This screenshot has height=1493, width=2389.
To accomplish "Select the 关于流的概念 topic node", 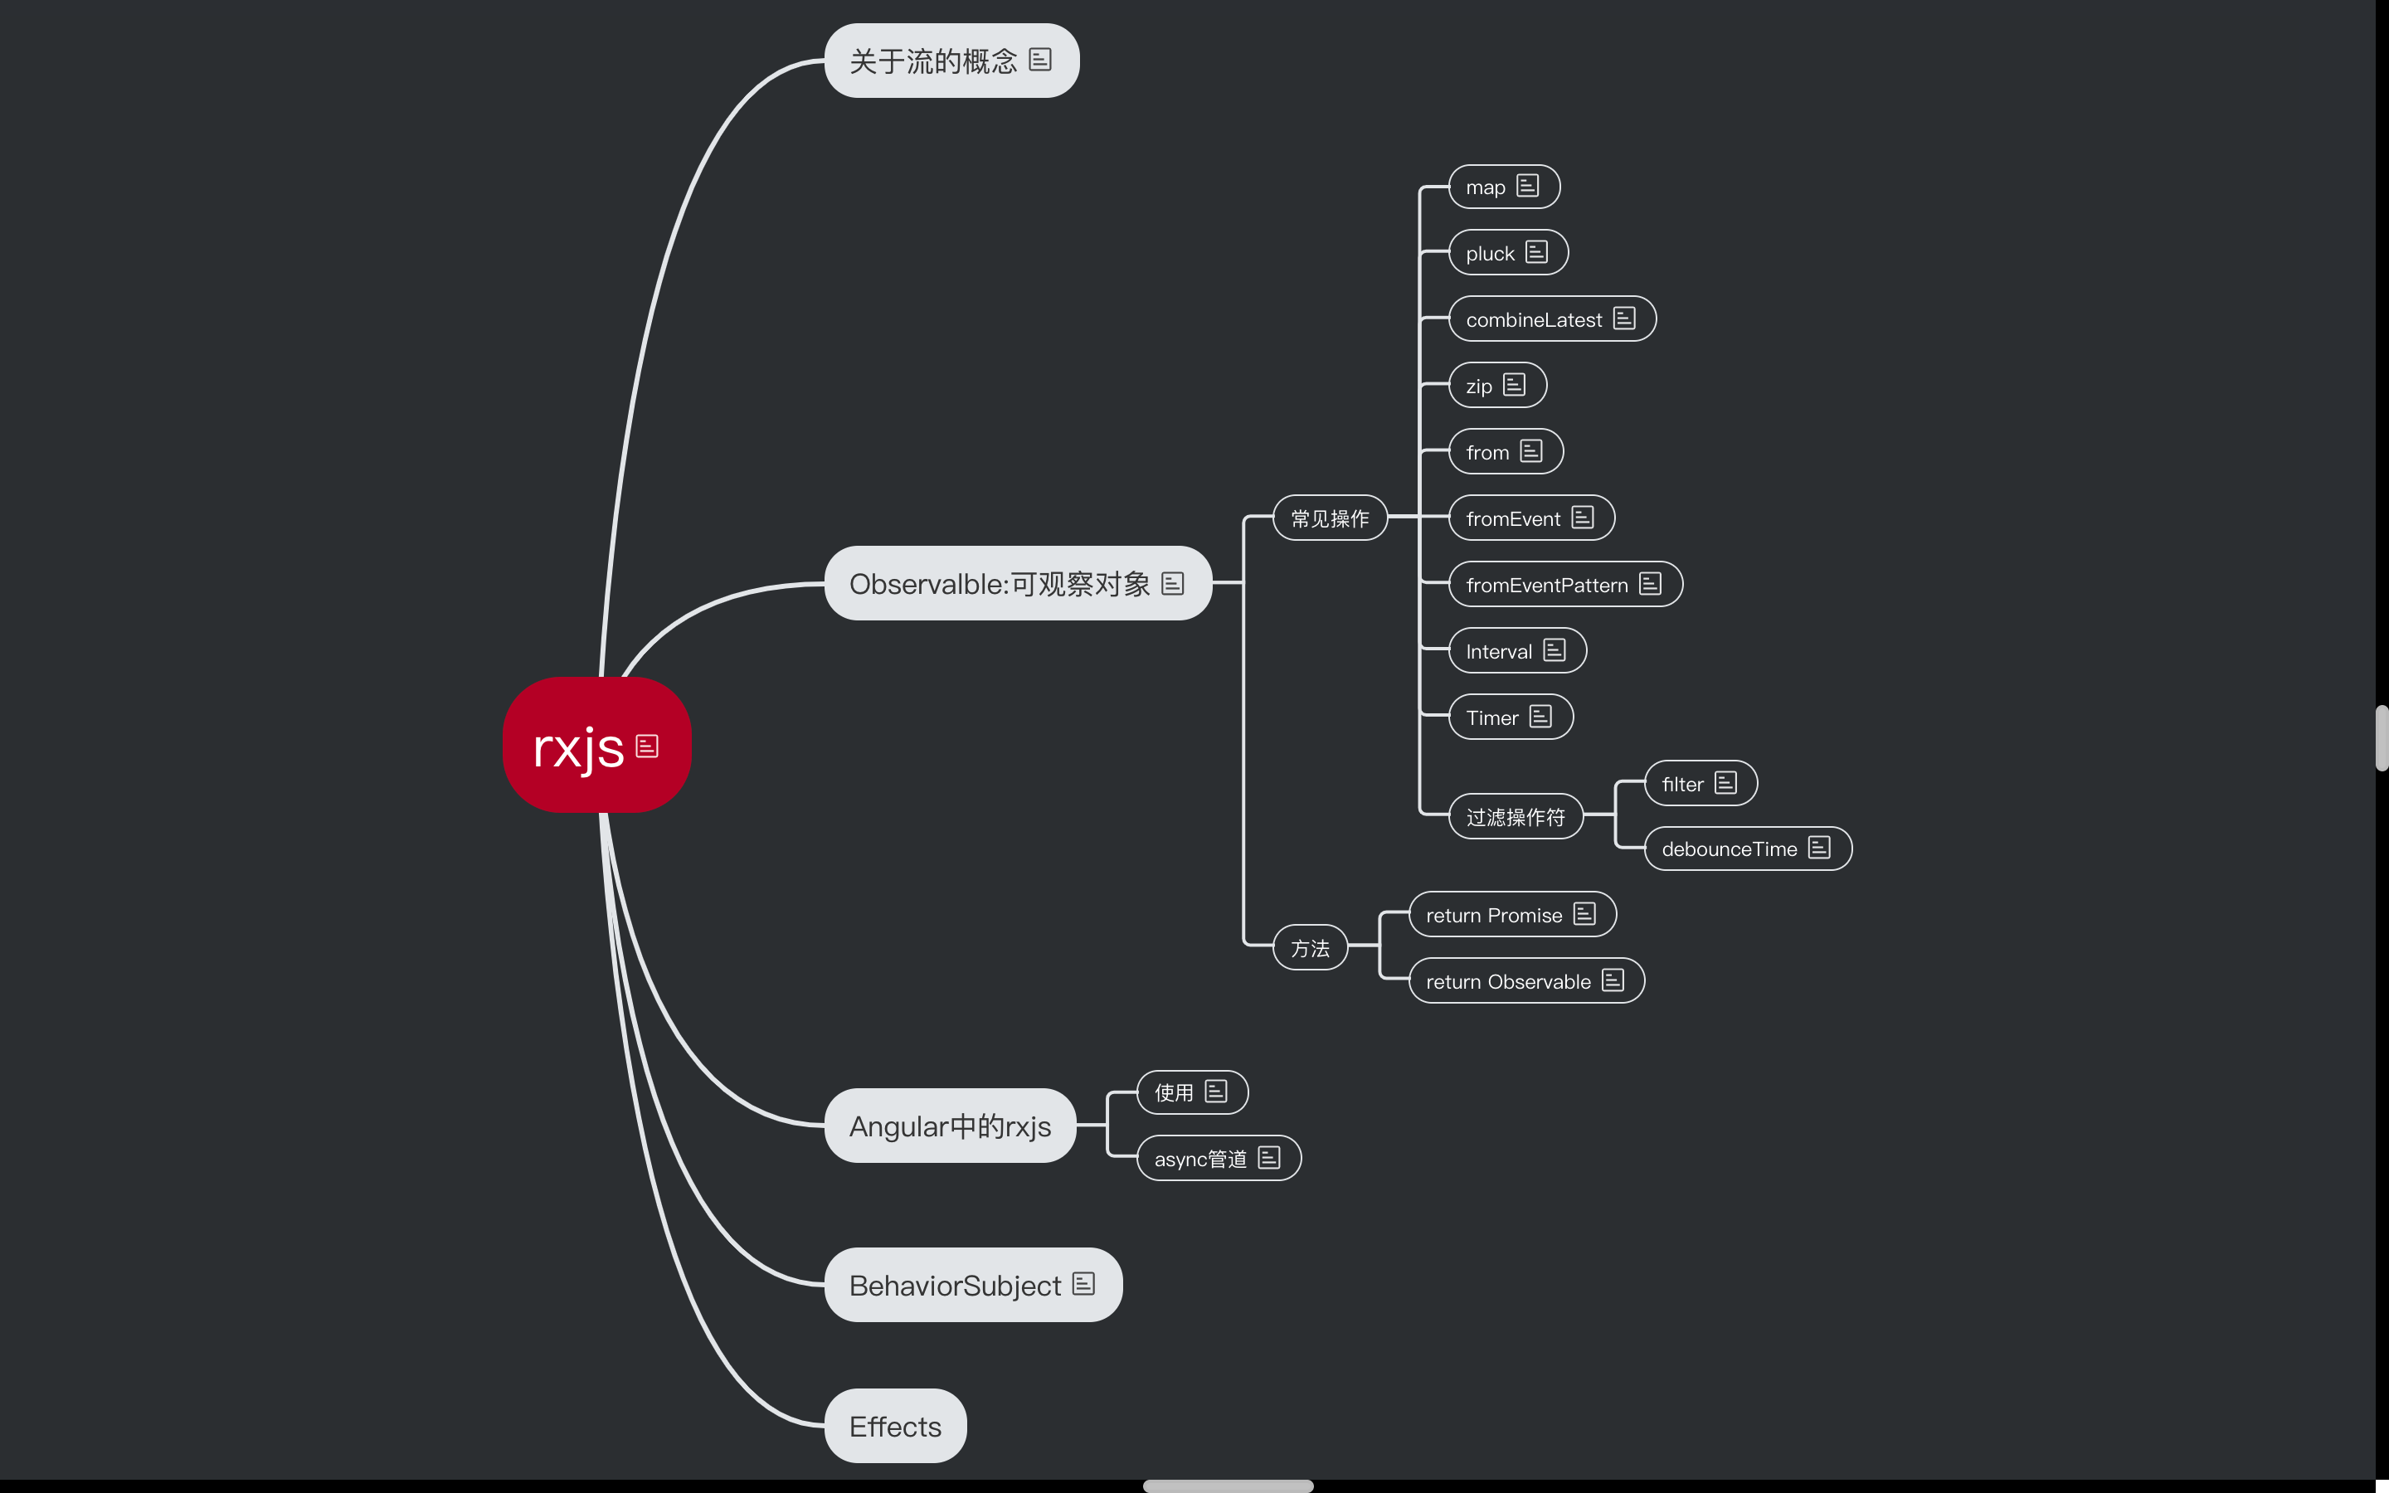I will (x=933, y=61).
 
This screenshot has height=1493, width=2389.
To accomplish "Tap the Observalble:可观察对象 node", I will (x=999, y=585).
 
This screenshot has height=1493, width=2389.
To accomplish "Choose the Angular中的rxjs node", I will (x=950, y=1126).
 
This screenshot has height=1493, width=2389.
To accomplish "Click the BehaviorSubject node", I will (x=955, y=1286).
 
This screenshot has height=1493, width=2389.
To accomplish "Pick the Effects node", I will (x=895, y=1427).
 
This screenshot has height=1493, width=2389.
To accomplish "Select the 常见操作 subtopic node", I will (x=1330, y=518).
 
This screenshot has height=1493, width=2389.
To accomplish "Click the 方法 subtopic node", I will (x=1310, y=948).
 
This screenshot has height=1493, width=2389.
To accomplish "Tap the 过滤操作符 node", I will (x=1516, y=817).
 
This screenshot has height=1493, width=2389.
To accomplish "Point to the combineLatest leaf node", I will (x=1534, y=320).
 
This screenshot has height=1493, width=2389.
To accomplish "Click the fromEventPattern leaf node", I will (x=1547, y=586).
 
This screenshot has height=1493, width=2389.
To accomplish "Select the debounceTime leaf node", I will (x=1730, y=849).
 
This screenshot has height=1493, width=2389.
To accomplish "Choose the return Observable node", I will (x=1508, y=981).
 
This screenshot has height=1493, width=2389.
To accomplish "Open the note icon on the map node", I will (x=1527, y=187).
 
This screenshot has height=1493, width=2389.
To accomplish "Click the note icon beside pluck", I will (x=1536, y=253).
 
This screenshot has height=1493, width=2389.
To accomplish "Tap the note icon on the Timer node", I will (x=1540, y=717).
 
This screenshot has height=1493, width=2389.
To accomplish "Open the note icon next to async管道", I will (x=1268, y=1157).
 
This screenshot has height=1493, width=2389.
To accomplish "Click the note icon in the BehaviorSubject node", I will (x=1083, y=1284).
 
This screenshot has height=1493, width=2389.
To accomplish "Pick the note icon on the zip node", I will (x=1515, y=385).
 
